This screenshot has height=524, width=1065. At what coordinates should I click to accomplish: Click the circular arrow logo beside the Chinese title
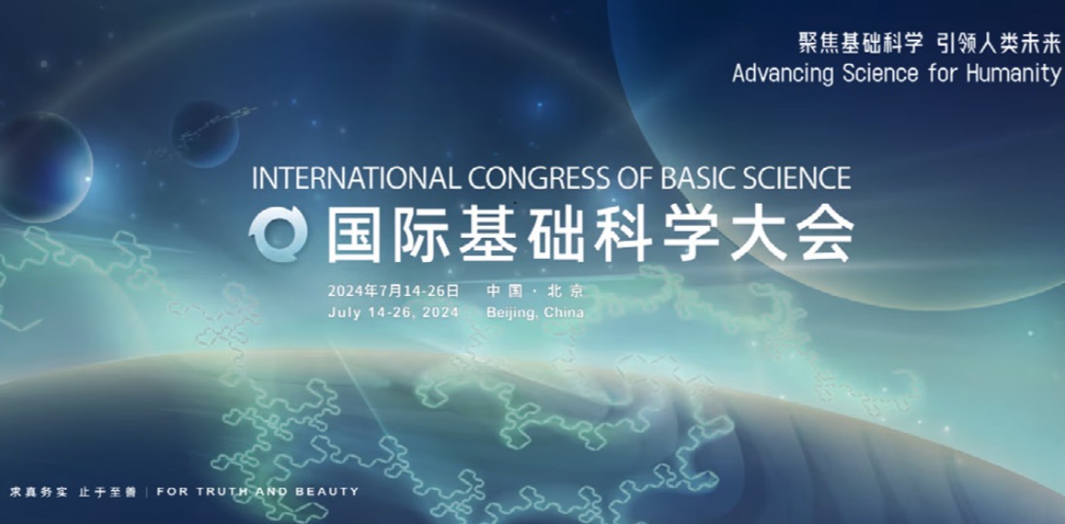(278, 234)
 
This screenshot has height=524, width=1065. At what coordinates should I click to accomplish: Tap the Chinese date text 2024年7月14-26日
(394, 291)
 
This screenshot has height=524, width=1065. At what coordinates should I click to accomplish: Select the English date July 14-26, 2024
(394, 312)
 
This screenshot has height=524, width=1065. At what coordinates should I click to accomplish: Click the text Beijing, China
(535, 312)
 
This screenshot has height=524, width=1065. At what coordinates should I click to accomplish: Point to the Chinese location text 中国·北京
(535, 291)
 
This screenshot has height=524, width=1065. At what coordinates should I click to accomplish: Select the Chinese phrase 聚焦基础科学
(861, 43)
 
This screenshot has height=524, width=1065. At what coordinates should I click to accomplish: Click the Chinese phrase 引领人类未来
(999, 43)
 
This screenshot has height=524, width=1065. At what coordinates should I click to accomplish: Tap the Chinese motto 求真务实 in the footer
(39, 491)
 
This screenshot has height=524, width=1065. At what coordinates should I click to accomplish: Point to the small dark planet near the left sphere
(204, 134)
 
